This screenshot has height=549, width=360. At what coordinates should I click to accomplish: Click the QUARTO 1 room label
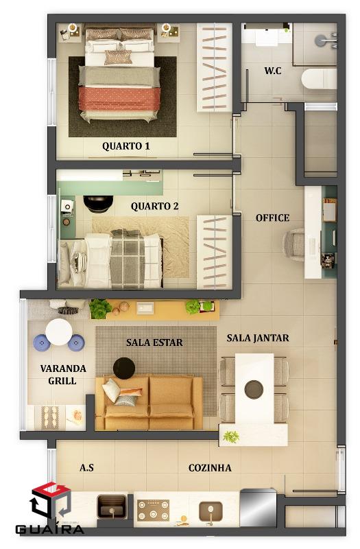[126, 145]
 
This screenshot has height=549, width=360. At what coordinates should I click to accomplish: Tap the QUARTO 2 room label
[155, 207]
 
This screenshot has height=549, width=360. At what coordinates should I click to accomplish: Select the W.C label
[272, 71]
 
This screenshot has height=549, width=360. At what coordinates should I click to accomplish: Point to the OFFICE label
[272, 218]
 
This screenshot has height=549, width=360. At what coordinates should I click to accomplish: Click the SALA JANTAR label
[258, 338]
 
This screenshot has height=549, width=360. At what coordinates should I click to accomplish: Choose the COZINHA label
[210, 468]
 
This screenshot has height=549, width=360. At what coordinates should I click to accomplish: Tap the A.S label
[86, 468]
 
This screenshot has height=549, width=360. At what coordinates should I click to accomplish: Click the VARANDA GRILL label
[63, 374]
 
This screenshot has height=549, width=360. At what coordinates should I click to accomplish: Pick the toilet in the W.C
[319, 79]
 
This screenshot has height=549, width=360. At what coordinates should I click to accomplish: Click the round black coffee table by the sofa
[124, 368]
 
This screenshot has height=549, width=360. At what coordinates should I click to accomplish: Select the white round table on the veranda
[59, 332]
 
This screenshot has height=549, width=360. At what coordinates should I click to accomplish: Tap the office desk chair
[294, 244]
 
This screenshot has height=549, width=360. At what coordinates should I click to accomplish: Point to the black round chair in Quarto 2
[98, 204]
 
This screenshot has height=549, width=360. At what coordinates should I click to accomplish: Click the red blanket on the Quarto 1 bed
[119, 99]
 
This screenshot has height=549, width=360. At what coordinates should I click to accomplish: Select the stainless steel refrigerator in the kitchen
[259, 507]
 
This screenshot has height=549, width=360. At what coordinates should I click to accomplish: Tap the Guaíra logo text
[49, 528]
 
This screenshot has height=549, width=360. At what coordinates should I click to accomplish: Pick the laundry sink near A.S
[112, 506]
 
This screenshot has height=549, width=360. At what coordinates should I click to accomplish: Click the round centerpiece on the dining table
[254, 390]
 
